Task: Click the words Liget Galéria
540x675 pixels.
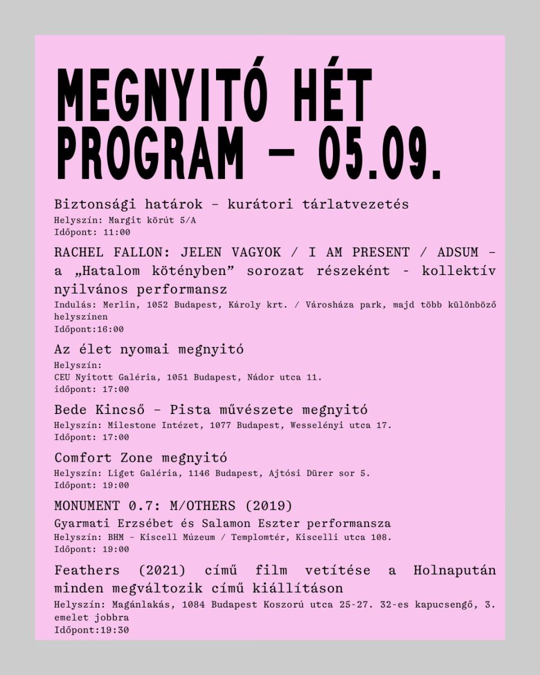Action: (142, 473)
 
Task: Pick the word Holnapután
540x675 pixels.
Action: (454, 570)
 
